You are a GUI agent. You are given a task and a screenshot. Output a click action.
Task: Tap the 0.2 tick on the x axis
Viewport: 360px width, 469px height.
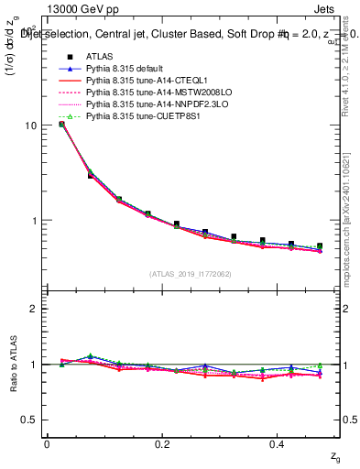click(163, 443)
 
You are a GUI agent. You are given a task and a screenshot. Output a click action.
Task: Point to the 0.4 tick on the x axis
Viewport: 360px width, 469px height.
click(279, 443)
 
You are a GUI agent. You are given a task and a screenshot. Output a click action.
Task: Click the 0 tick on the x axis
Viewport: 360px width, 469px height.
click(47, 443)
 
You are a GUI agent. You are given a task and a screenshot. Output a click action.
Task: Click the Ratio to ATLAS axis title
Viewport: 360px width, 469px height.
click(12, 364)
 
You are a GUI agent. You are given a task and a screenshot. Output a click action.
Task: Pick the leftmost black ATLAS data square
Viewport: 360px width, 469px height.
click(61, 124)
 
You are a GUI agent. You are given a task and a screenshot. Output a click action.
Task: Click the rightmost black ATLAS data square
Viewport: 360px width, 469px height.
click(320, 246)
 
